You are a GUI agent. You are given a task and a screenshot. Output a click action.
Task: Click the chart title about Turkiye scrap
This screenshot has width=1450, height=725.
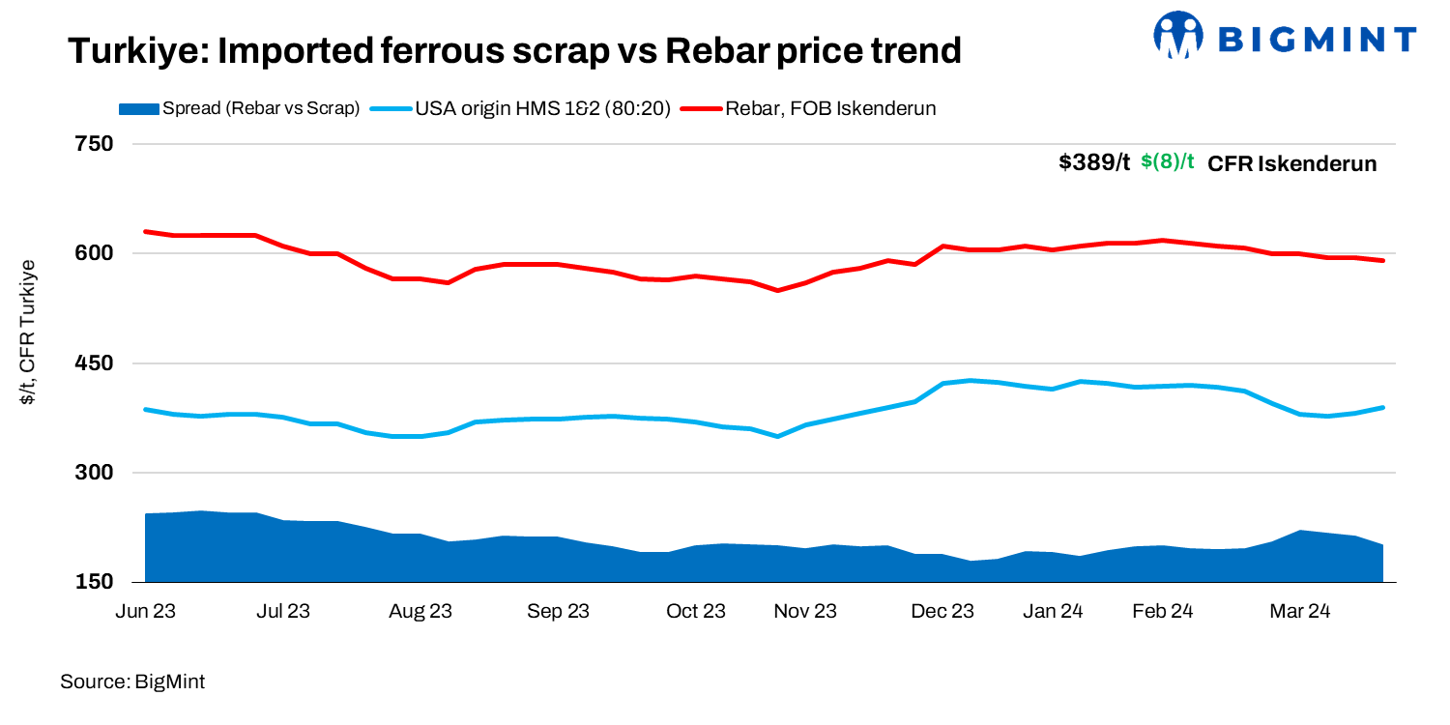pyautogui.click(x=514, y=50)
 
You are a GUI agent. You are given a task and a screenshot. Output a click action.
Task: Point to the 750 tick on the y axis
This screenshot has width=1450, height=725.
pyautogui.click(x=94, y=144)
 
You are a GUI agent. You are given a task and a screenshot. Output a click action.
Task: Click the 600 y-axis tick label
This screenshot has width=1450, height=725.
pyautogui.click(x=94, y=253)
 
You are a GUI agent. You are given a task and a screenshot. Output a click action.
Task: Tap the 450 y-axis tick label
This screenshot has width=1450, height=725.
pyautogui.click(x=94, y=363)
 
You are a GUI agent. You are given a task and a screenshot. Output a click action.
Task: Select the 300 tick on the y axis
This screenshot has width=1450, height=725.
pyautogui.click(x=94, y=473)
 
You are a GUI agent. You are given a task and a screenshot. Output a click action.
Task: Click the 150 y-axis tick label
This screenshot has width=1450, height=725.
pyautogui.click(x=94, y=582)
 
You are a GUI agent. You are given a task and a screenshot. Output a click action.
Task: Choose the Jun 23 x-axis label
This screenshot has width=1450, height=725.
pyautogui.click(x=145, y=611)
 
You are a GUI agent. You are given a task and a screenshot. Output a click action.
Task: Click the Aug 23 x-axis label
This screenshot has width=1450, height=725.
pyautogui.click(x=420, y=611)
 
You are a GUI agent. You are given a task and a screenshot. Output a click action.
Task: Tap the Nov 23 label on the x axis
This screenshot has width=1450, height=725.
pyautogui.click(x=805, y=611)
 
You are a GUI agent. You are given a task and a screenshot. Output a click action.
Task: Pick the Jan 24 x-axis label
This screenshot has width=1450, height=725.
pyautogui.click(x=1053, y=611)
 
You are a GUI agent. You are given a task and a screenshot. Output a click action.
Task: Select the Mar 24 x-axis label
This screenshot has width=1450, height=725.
pyautogui.click(x=1300, y=611)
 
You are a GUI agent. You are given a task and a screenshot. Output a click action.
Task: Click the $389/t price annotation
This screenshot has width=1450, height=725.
pyautogui.click(x=1093, y=162)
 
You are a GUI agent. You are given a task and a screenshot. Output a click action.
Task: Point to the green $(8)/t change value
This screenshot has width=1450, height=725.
pyautogui.click(x=1168, y=162)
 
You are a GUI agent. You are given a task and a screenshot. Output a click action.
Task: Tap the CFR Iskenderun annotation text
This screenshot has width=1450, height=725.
pyautogui.click(x=1291, y=163)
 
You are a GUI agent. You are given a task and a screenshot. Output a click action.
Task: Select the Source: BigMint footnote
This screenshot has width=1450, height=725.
pyautogui.click(x=132, y=681)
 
